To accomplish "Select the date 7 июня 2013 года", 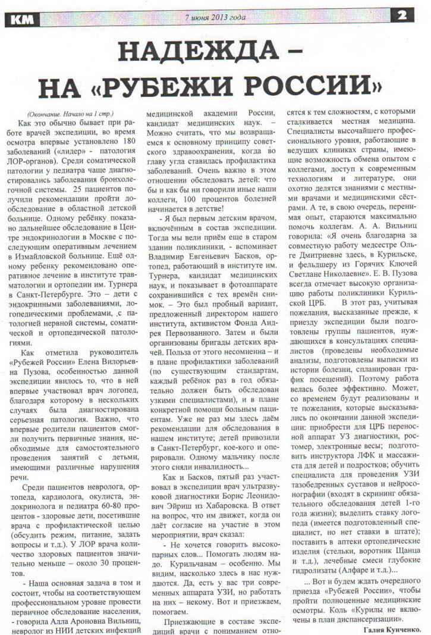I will pos(215,17).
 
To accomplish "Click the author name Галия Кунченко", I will pos(392,628).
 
